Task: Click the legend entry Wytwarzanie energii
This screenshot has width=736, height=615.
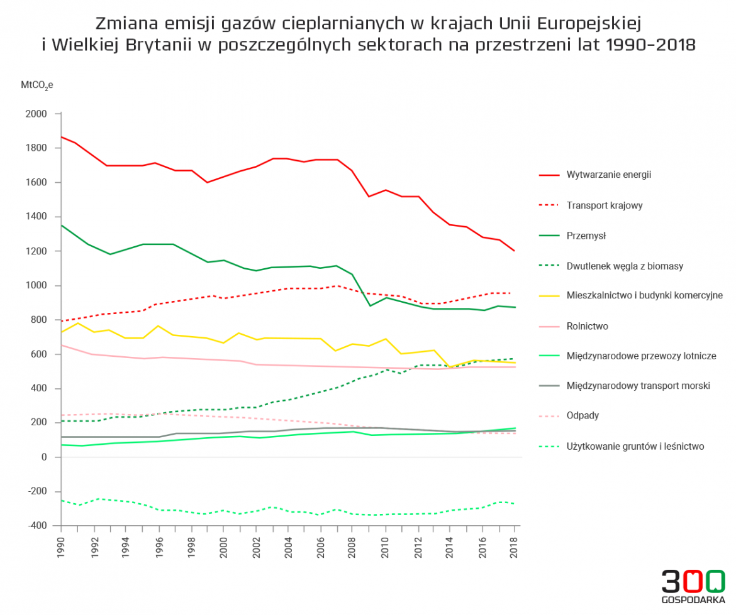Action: (x=608, y=175)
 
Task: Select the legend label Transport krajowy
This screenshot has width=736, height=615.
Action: (x=604, y=205)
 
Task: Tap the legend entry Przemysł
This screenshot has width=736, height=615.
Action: (x=586, y=236)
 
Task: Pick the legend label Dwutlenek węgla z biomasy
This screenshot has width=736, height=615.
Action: (x=625, y=266)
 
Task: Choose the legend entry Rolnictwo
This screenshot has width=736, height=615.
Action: (x=587, y=326)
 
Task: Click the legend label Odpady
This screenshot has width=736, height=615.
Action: (x=583, y=416)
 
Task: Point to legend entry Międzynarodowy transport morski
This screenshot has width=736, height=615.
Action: (x=638, y=386)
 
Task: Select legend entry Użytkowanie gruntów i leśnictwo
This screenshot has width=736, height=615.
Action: (x=635, y=447)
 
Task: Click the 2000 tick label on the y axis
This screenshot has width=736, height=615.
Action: (x=36, y=114)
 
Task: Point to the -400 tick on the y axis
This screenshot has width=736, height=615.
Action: (x=37, y=526)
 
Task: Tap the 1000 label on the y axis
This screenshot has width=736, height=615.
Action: (x=36, y=286)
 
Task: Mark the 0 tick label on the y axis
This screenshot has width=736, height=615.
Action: (x=44, y=457)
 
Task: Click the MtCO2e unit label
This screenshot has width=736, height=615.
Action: (x=37, y=85)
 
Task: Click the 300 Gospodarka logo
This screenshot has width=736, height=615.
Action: (x=693, y=586)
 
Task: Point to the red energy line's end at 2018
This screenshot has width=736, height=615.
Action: (x=515, y=251)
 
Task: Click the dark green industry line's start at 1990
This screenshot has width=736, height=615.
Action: (x=61, y=225)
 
